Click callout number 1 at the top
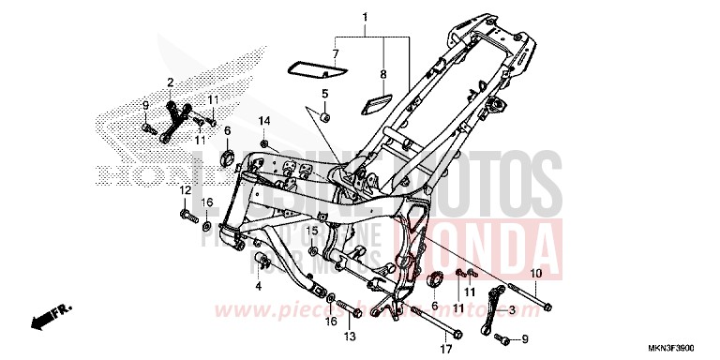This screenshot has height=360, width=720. (366, 17)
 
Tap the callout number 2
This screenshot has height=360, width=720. (171, 82)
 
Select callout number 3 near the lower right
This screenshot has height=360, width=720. (512, 309)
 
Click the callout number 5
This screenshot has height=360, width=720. (325, 93)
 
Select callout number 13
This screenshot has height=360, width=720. (349, 337)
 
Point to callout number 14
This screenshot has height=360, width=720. (264, 121)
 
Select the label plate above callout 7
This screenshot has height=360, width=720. (315, 67)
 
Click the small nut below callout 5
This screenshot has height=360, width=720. (324, 117)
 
